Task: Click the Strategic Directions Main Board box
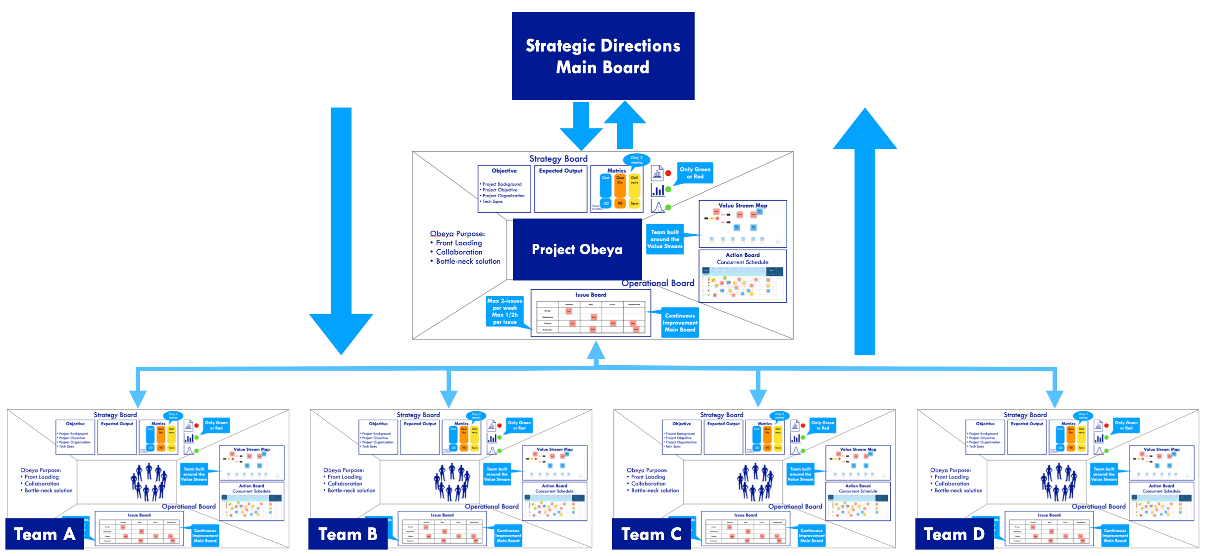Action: point(603,56)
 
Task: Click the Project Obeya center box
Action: point(577,249)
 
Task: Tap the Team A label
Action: point(45,534)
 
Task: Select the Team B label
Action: point(348,534)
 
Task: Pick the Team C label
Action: point(651,534)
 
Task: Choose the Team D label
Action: point(954,534)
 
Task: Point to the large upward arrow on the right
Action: point(864,233)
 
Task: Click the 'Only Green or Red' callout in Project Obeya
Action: point(695,173)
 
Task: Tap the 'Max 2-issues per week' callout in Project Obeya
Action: point(504,311)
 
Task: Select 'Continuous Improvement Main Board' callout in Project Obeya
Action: point(680,323)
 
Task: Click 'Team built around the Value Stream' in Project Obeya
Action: point(664,239)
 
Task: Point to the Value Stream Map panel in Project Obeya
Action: point(742,224)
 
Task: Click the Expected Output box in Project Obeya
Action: point(560,189)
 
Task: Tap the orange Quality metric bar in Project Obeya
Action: point(620,190)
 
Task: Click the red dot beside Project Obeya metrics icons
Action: point(668,173)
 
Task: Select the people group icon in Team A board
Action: point(148,482)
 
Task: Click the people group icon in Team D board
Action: point(1058,482)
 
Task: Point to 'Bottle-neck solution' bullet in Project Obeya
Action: point(467,261)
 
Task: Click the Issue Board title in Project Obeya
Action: point(590,295)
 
